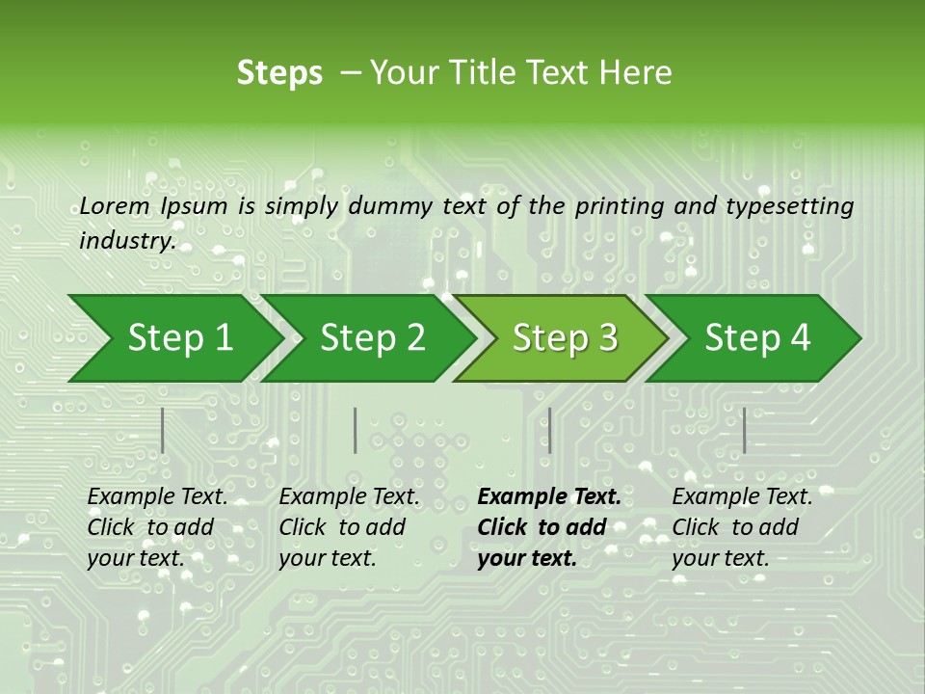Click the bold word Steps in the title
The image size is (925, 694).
(279, 73)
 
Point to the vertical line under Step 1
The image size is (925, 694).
(163, 430)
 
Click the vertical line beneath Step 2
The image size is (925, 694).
(356, 430)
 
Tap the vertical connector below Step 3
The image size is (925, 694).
(549, 430)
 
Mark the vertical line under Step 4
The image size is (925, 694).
(744, 430)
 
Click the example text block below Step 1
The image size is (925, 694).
(157, 527)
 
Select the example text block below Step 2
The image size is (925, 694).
(349, 527)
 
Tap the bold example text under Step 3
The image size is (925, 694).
(549, 527)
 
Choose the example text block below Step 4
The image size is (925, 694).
(742, 527)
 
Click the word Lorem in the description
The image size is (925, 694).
(115, 205)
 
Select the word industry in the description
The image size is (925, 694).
(126, 240)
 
